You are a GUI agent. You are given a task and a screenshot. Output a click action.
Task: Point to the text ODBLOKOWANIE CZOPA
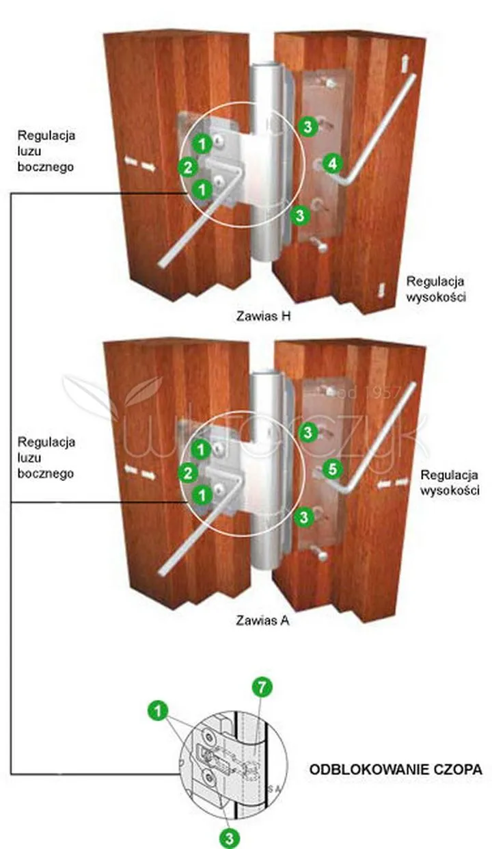(x=396, y=770)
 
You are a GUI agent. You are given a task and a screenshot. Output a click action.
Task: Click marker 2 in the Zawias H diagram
(x=187, y=166)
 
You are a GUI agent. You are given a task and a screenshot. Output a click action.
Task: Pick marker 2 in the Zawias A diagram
(x=187, y=472)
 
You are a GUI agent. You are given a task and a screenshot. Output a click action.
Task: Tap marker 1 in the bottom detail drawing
(x=158, y=711)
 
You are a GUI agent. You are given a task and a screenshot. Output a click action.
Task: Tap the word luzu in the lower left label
(x=29, y=458)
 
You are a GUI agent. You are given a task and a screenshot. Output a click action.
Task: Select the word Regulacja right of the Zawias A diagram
(x=450, y=475)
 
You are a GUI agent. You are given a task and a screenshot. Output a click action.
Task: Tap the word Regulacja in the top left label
(x=47, y=134)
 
